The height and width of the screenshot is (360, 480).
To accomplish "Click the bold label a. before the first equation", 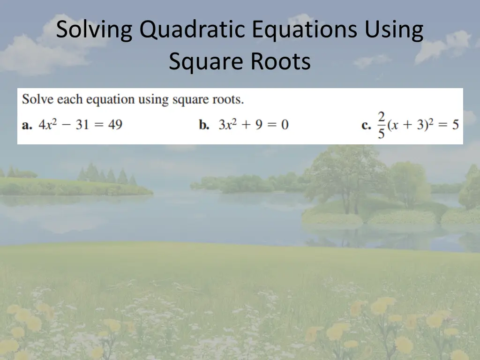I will click(27, 125).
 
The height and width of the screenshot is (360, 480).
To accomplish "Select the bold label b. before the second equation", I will click(204, 125).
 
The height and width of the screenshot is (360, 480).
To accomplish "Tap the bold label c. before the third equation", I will click(367, 125).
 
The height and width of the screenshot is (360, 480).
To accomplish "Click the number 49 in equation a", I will click(115, 125).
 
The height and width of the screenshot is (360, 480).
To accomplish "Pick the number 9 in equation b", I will click(259, 125).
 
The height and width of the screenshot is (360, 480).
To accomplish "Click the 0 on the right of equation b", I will click(285, 125).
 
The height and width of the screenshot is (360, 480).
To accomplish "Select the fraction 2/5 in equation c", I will click(381, 125).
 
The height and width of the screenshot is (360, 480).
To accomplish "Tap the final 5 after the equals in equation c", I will click(455, 125).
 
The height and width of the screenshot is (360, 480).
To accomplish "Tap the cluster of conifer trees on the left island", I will click(105, 175).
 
